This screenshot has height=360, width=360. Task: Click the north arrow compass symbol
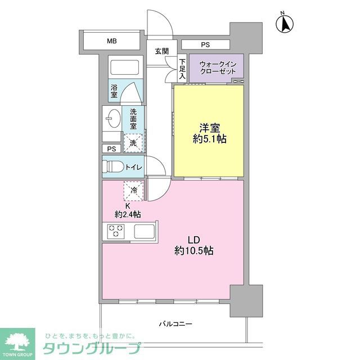[285, 23]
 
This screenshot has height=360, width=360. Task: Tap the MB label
[112, 41]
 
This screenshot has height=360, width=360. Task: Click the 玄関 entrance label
[162, 51]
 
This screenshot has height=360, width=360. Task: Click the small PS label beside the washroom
[111, 149]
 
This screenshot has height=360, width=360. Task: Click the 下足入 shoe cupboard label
[183, 69]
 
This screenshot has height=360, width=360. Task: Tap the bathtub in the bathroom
[125, 68]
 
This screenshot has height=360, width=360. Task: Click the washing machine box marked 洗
[134, 143]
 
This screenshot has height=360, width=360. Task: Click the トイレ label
[133, 167]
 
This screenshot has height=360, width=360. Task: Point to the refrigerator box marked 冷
[134, 191]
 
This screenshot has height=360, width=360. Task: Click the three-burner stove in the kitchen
[116, 231]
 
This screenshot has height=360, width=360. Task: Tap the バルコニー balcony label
[175, 324]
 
